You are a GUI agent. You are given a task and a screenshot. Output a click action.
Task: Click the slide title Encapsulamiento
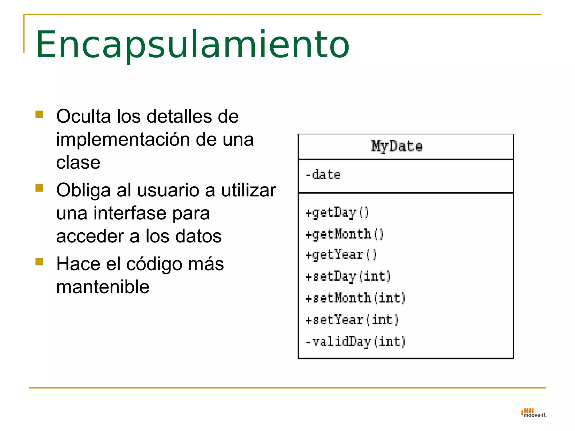coord(193,45)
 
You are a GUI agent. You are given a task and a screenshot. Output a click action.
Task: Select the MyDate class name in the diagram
coord(397,146)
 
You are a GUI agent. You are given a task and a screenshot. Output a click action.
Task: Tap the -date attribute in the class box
coord(323,175)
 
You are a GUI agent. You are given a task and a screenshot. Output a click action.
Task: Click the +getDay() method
coord(337,213)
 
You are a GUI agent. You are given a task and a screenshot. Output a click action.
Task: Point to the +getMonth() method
coord(344,234)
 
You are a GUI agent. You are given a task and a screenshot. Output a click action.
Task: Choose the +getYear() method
coord(341,255)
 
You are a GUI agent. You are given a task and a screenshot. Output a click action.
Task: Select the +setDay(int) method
coord(348,277)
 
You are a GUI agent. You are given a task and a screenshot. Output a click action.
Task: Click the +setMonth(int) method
coord(355,298)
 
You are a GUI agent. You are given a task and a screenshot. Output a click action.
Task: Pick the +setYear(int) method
coord(352,320)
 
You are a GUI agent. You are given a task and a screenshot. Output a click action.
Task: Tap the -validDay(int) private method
coord(355,342)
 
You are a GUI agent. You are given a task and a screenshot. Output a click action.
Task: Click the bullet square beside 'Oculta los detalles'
coord(39,114)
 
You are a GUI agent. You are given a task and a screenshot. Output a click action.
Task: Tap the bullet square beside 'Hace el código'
coord(39,262)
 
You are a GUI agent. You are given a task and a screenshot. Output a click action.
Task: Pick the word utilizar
coord(248,190)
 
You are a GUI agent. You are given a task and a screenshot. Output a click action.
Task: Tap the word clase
coord(78,162)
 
